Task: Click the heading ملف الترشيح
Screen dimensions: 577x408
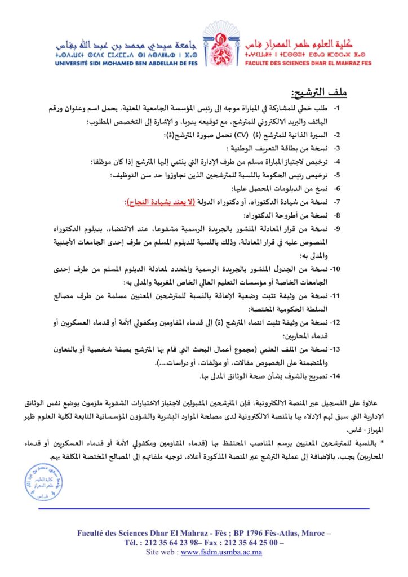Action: coord(319,92)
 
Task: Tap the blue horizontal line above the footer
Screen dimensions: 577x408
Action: coord(204,509)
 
